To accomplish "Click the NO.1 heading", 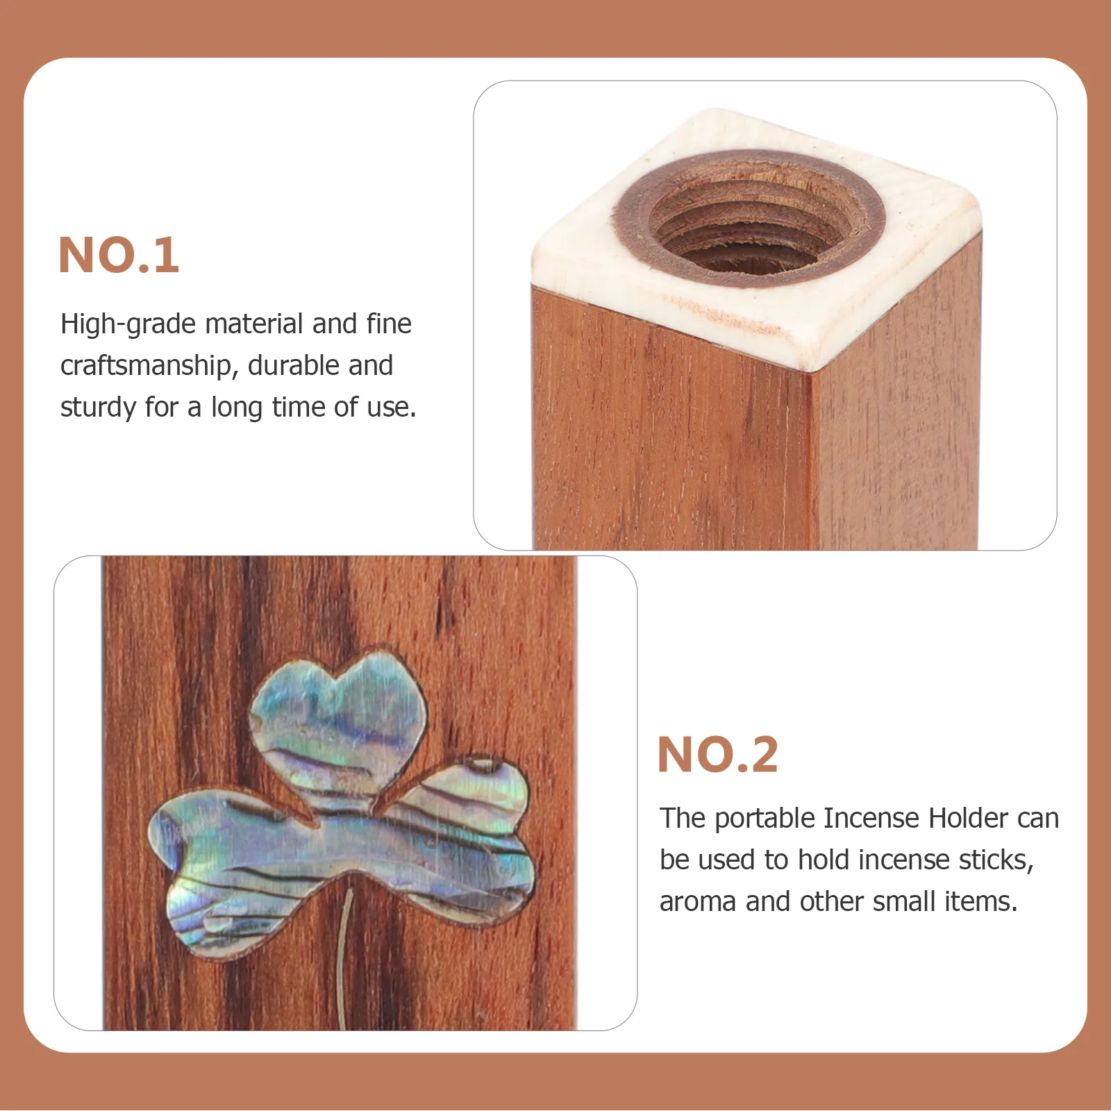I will pos(119,256).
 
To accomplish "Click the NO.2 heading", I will pos(717,755).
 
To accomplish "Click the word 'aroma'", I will pos(698,902).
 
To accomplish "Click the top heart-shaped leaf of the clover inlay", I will pos(344,715).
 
